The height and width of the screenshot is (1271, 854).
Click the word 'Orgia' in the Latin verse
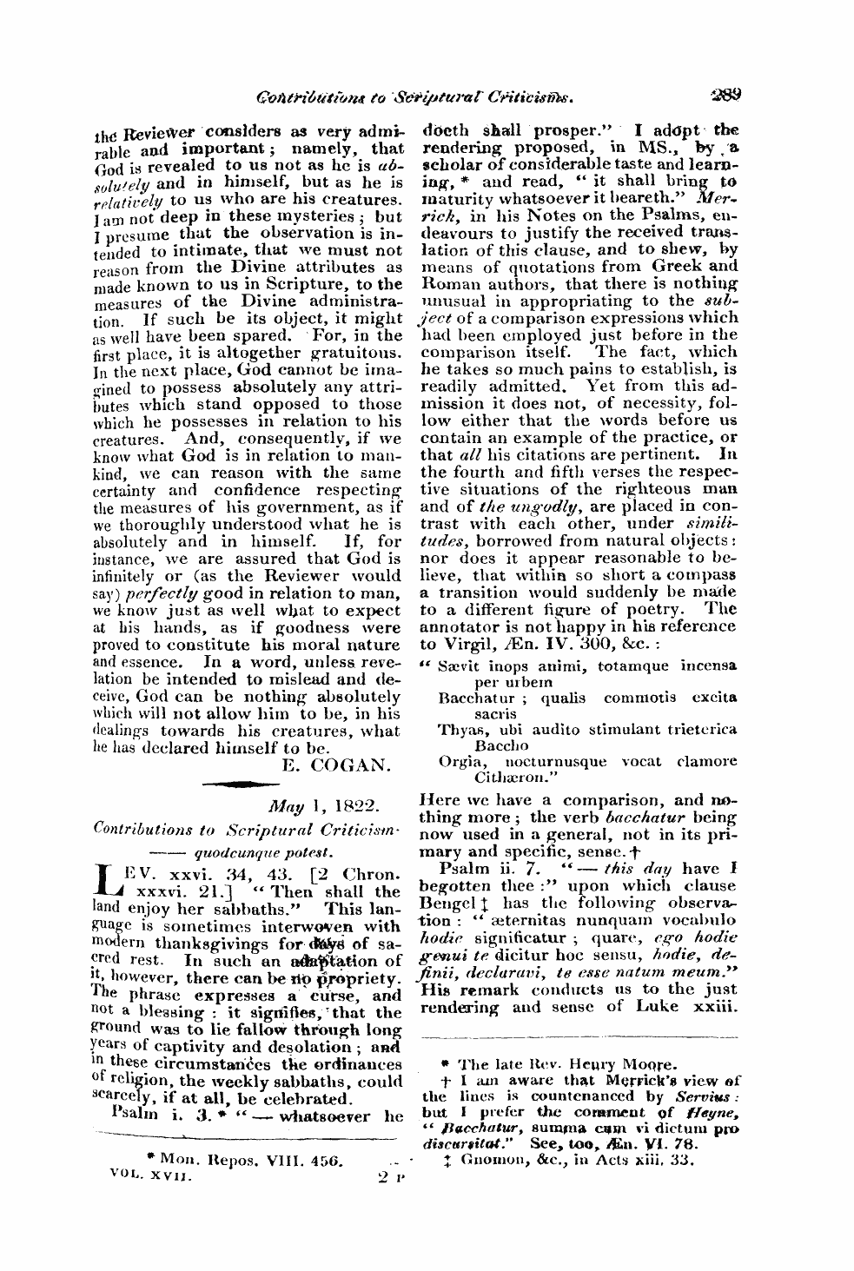point(460,761)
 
